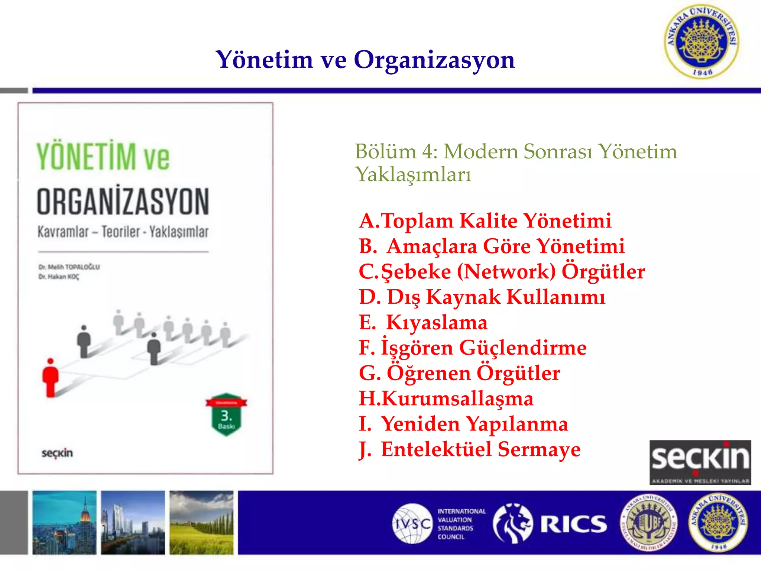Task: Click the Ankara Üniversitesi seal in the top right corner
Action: [x=702, y=42]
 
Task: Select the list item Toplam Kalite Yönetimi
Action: [x=485, y=221]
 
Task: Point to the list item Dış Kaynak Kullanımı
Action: [x=482, y=297]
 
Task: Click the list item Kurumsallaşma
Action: [x=446, y=399]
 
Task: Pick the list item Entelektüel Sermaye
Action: [x=469, y=449]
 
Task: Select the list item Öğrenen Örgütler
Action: [x=459, y=373]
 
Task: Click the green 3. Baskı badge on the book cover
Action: [x=226, y=415]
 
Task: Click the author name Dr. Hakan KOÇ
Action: [x=59, y=277]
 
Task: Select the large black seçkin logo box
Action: [x=700, y=462]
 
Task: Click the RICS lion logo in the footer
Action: [x=513, y=523]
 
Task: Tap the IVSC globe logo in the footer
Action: [x=412, y=523]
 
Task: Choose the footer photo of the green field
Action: [x=201, y=523]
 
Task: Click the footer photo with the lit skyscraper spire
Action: [x=64, y=523]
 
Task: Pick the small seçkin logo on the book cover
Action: [x=57, y=453]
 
